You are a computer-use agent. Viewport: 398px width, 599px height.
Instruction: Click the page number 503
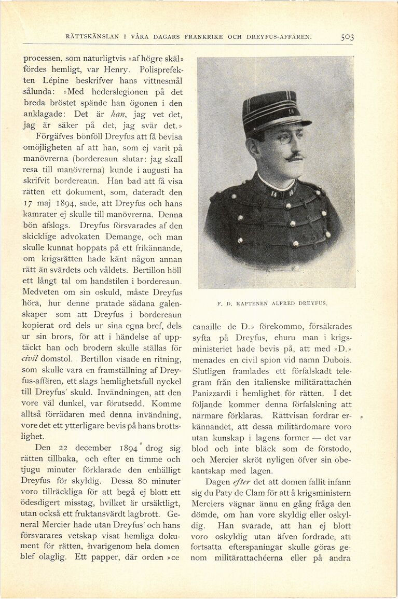[347, 37]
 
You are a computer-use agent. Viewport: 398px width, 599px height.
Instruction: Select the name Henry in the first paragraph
[105, 69]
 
